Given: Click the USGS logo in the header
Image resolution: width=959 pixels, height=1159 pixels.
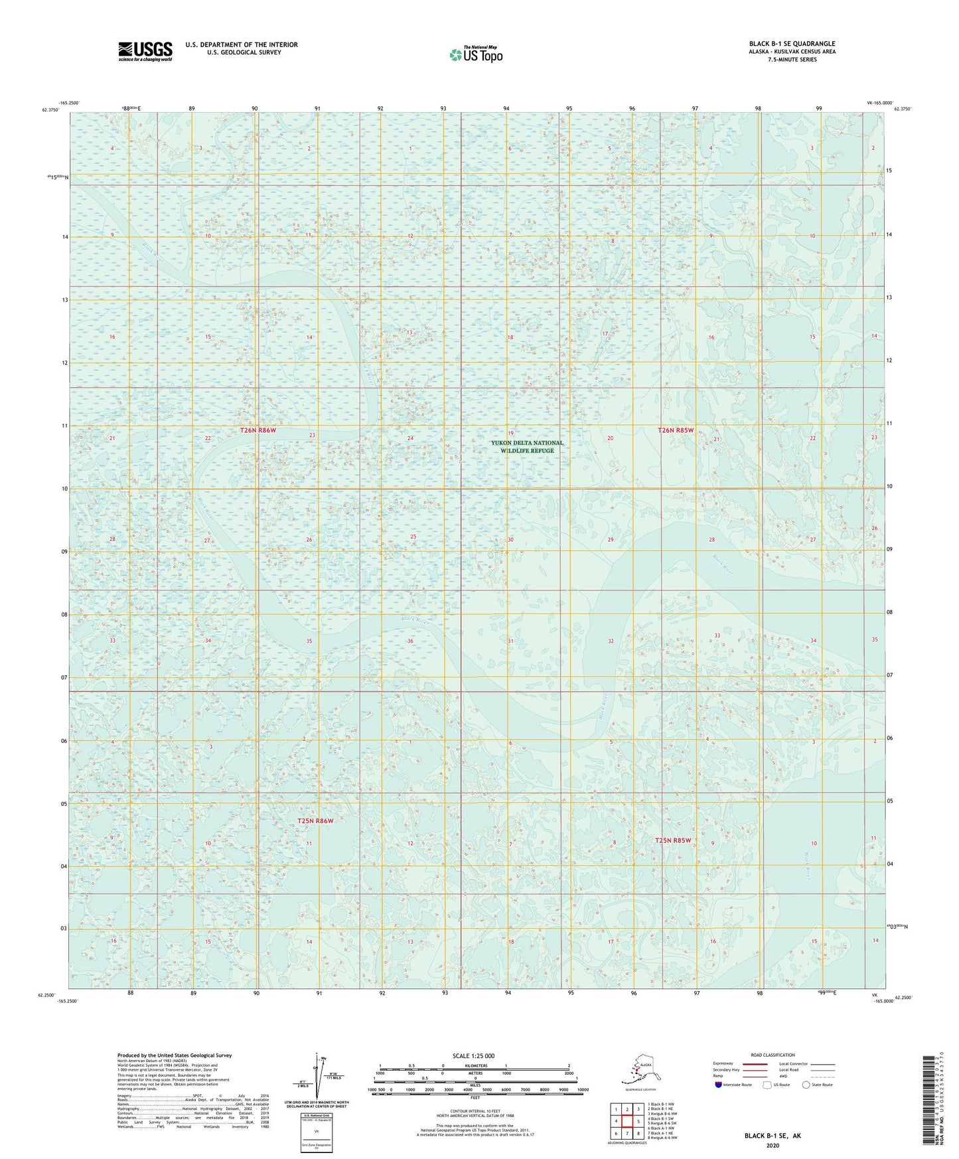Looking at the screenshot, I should (145, 51).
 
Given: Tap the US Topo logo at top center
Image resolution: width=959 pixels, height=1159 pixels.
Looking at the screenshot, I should (475, 54).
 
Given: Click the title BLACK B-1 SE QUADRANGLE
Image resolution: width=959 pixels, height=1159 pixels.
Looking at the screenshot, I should (792, 44).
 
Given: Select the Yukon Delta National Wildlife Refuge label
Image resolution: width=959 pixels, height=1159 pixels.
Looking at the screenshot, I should (527, 447).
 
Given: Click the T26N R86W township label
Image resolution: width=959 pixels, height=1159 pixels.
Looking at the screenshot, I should (258, 430).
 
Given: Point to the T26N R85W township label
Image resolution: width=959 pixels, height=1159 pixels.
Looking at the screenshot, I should (675, 430).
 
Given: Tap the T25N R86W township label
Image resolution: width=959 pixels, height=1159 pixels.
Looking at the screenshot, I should (315, 821).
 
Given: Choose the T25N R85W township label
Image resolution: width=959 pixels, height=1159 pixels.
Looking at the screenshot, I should (673, 840).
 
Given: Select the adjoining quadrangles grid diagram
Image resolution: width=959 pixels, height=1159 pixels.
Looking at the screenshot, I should (627, 1120).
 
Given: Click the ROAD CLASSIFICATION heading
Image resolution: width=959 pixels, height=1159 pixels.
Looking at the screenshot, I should (773, 1055).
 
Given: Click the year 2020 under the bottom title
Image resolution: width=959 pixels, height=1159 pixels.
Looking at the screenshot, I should (772, 1146).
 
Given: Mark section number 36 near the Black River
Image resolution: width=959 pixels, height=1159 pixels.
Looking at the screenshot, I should (410, 641).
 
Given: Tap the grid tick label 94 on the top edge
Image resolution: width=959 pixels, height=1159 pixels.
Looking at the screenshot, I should (506, 108).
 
